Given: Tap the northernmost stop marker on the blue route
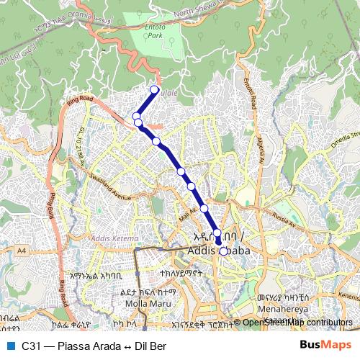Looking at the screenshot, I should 153,90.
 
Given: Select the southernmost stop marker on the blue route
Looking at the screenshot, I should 224,251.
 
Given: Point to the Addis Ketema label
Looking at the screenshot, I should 111,238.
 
